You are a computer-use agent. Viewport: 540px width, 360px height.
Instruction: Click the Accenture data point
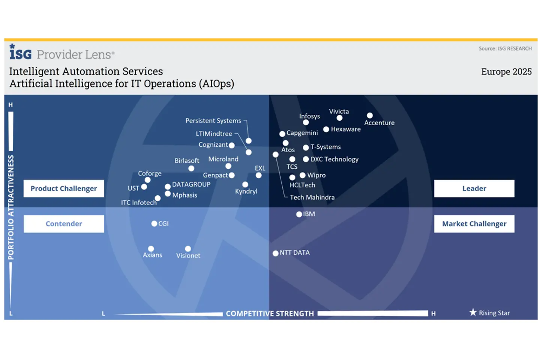pos(370,115)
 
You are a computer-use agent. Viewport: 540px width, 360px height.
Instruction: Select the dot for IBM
pos(299,214)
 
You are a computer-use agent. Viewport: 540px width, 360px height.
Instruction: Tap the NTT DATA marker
pos(275,253)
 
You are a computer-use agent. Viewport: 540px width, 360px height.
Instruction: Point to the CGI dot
pos(154,223)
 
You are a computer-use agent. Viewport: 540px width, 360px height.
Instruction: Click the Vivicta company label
pos(339,111)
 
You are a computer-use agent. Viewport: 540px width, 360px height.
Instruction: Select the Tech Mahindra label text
pos(312,197)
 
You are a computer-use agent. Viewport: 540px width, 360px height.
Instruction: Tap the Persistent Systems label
pos(213,121)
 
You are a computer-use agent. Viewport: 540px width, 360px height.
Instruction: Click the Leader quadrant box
pos(474,188)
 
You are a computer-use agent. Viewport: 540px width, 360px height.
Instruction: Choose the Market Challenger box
pos(474,224)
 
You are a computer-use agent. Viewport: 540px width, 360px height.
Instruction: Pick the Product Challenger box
pos(64,188)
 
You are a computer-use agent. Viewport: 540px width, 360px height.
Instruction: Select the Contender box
pos(64,224)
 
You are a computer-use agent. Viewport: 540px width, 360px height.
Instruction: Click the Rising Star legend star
pos(473,312)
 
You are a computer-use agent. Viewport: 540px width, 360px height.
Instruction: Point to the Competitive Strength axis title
pos(270,313)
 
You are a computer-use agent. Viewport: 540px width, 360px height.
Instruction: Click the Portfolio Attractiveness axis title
pos(11,207)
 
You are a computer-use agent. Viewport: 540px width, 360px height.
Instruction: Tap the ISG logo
pos(21,52)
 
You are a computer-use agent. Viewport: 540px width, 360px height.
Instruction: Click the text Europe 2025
pos(506,72)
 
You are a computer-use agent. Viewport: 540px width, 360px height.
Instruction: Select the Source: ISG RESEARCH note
pos(505,48)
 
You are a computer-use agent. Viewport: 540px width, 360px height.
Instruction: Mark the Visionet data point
pos(188,249)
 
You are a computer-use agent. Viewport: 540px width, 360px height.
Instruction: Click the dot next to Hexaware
pos(326,129)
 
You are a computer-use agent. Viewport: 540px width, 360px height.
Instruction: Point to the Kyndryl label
pos(246,191)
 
